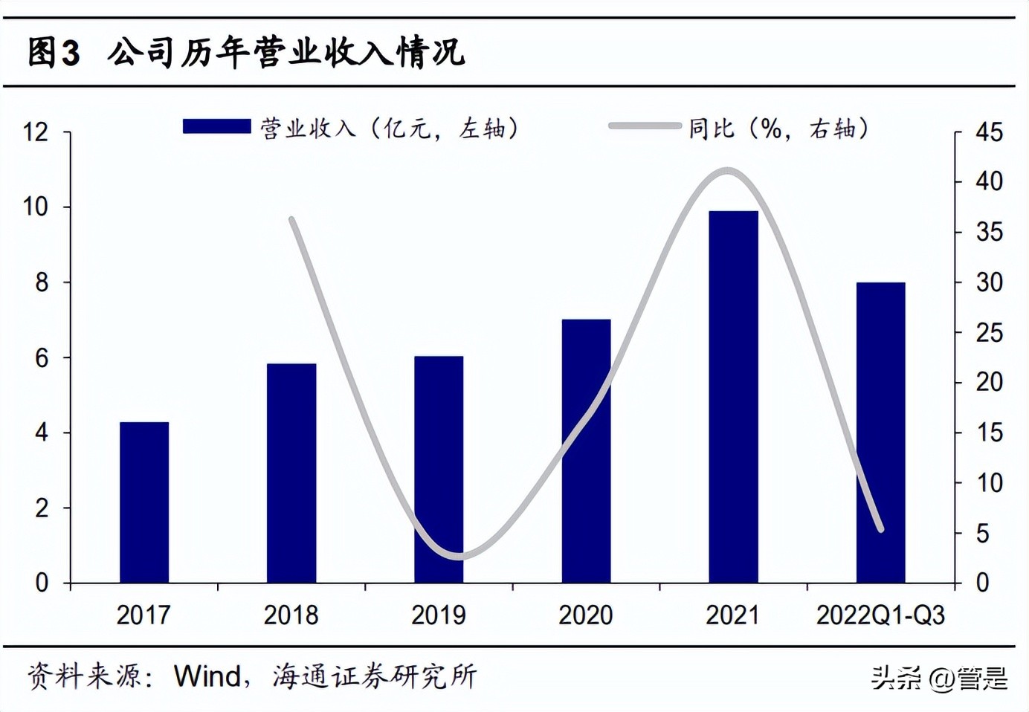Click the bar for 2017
[x=144, y=502]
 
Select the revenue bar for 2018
[x=291, y=473]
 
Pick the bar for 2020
[x=586, y=450]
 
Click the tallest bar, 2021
[x=733, y=396]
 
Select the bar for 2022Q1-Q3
[x=880, y=432]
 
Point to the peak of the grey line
[x=728, y=172]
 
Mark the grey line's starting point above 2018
[x=291, y=220]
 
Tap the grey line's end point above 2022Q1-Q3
[x=881, y=529]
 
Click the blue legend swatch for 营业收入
[x=216, y=126]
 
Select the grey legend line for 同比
[x=644, y=126]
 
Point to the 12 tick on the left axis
[x=36, y=132]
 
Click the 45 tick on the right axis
[x=989, y=132]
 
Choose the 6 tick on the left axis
[x=41, y=358]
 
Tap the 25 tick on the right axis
[x=989, y=333]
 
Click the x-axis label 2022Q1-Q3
[x=880, y=615]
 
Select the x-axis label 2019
[x=439, y=615]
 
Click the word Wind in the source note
[x=207, y=676]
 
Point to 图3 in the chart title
[x=54, y=53]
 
